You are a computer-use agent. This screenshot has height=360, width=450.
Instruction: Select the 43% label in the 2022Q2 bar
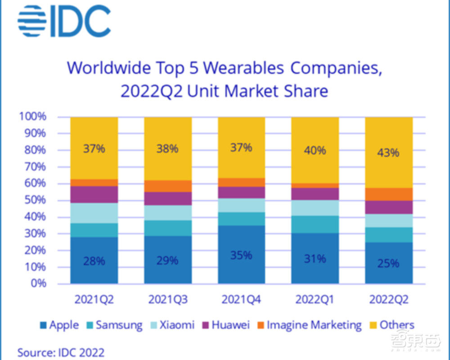click(388, 153)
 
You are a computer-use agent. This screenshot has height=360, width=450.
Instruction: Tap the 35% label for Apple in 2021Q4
click(241, 255)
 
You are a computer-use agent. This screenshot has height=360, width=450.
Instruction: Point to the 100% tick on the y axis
click(33, 117)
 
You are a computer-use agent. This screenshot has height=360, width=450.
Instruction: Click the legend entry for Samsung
click(114, 325)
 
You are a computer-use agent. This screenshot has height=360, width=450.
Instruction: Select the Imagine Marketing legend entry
click(309, 325)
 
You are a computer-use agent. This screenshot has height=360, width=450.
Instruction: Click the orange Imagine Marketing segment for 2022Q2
click(388, 194)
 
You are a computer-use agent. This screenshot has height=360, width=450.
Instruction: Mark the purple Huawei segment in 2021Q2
click(94, 194)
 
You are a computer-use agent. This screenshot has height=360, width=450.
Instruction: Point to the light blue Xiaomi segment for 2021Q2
click(94, 213)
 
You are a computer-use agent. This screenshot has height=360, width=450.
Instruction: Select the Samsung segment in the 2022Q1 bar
click(315, 224)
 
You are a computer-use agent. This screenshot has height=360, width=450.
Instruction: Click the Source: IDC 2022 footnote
click(61, 351)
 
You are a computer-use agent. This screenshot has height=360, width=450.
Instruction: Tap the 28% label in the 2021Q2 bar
click(94, 260)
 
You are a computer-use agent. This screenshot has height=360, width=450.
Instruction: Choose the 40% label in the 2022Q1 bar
click(315, 150)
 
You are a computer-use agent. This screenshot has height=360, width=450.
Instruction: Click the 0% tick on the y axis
click(39, 283)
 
